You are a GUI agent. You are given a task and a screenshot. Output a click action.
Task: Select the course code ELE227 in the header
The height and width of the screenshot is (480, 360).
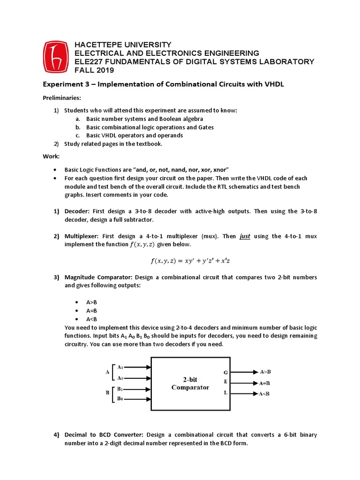pos(90,62)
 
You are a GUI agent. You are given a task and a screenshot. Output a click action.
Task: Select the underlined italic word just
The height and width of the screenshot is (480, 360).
pos(245,236)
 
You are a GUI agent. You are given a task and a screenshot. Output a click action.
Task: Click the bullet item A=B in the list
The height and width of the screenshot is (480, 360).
pos(91,310)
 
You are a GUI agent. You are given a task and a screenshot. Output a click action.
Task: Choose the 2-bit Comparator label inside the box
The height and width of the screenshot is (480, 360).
pos(190,383)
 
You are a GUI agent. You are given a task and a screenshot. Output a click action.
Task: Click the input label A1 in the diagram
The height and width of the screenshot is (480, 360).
pos(120,367)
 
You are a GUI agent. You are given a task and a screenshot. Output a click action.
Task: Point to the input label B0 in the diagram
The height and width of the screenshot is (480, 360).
pos(120,398)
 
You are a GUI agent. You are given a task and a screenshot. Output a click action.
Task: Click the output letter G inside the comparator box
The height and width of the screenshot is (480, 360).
pos(226,372)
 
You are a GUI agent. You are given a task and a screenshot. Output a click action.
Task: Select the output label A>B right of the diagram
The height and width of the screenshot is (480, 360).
pos(265,372)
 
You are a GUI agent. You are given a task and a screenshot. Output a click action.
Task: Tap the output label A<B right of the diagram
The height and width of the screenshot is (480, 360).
pos(264,394)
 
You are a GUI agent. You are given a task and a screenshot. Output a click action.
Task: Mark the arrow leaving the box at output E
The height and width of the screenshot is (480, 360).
pos(244,382)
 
